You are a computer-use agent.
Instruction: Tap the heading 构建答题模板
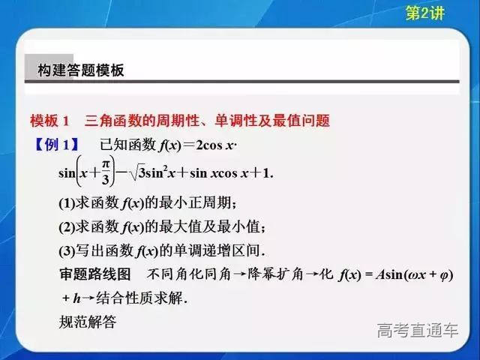point(81,70)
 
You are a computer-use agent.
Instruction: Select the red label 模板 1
point(49,121)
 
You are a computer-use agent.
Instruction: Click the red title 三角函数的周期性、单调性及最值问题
point(208,121)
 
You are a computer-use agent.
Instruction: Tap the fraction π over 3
point(106,172)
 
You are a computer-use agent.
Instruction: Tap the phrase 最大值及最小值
point(218,226)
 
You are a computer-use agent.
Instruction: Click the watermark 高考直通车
point(417,331)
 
